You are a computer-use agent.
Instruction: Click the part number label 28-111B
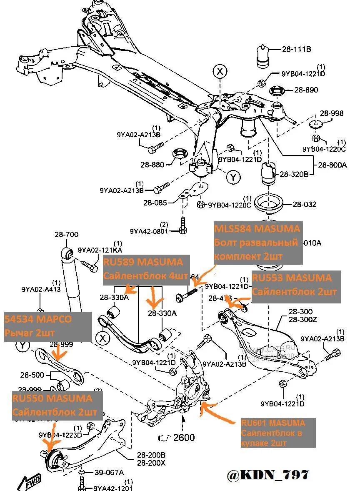296,50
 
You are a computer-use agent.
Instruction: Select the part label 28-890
306,90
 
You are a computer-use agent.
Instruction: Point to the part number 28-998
332,113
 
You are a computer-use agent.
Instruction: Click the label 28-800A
332,165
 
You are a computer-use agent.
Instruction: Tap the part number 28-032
304,204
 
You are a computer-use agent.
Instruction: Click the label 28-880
152,165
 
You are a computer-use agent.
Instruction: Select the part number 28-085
155,203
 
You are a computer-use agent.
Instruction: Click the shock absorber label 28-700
66,235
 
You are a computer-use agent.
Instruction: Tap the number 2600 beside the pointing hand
184,437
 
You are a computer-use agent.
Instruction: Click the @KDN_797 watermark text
268,474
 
